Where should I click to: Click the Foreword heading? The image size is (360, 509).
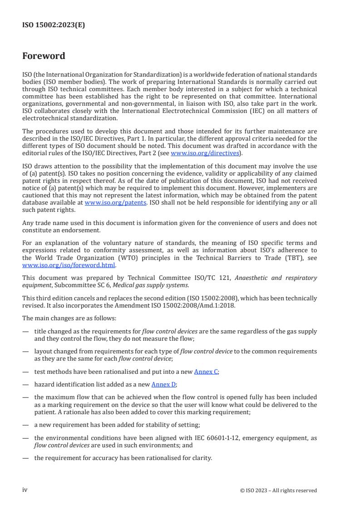44,56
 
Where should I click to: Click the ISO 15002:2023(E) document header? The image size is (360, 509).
54,25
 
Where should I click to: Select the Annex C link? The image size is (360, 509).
206,372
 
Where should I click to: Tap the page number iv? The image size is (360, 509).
25,490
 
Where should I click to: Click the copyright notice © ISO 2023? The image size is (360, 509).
278,490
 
